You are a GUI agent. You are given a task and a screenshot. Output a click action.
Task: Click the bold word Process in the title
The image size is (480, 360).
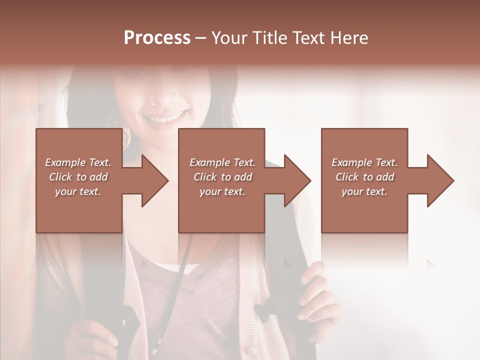point(157,38)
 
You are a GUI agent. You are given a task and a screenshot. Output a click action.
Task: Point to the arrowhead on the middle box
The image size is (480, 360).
point(296,180)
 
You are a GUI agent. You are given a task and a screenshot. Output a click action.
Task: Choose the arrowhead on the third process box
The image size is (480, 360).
point(439,180)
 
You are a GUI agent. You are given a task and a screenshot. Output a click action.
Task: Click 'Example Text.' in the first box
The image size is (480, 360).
point(78,162)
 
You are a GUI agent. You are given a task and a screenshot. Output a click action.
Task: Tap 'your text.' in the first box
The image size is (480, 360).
point(78,191)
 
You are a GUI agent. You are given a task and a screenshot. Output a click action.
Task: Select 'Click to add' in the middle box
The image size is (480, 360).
point(222,177)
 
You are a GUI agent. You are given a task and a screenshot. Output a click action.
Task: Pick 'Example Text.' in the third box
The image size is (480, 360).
point(364,162)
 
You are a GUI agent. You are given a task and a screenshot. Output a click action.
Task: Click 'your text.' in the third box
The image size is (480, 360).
point(364,191)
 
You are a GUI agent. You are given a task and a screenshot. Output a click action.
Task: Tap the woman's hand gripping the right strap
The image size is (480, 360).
point(315,295)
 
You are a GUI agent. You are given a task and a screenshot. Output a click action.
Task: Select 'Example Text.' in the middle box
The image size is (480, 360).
point(222,162)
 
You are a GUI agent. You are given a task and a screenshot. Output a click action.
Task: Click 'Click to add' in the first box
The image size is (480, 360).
point(78,177)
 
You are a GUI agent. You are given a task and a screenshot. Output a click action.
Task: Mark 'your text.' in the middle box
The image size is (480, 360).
point(222,191)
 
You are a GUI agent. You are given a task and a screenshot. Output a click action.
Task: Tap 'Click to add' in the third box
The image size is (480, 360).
point(364,177)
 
